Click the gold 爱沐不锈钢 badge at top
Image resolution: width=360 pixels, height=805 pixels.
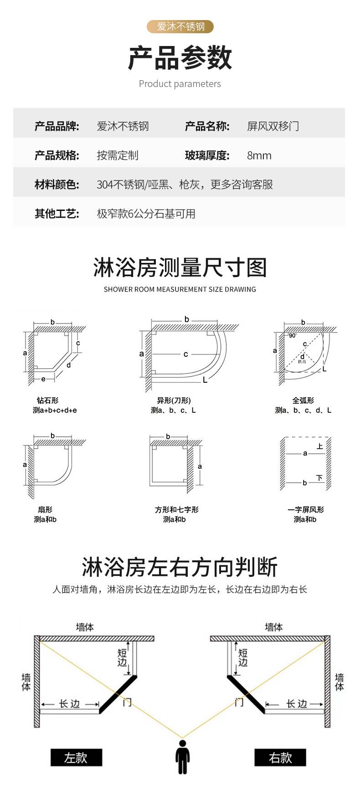pos(180,27)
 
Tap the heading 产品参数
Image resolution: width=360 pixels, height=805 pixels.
pos(180,58)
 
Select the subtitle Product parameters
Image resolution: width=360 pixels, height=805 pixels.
pos(180,84)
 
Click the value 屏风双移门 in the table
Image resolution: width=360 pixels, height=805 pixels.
pos(273,126)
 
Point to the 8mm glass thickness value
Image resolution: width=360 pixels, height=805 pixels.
pos(259,155)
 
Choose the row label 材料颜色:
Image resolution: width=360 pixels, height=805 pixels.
pos(57,185)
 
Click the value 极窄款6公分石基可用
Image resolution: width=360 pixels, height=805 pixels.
pos(146,214)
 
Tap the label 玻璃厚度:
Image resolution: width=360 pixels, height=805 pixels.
pos(207,155)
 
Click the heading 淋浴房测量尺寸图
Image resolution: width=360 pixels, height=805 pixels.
pos(180,267)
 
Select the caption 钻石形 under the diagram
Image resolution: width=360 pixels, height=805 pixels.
pos(48,400)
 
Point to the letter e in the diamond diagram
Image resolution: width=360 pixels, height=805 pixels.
pos(43,379)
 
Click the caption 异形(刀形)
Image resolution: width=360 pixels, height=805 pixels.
pos(174,400)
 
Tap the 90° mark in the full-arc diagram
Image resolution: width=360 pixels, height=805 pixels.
pos(292,335)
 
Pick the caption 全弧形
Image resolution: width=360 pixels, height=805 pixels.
pos(303,400)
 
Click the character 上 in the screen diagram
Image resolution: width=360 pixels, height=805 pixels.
pos(319,446)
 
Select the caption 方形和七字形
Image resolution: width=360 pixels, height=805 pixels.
pos(176,510)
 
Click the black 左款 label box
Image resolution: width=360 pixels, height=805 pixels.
pos(76,758)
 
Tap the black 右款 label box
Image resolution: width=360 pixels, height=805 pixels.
pos(280,758)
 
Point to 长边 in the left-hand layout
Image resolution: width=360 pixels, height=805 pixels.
pos(69,704)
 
